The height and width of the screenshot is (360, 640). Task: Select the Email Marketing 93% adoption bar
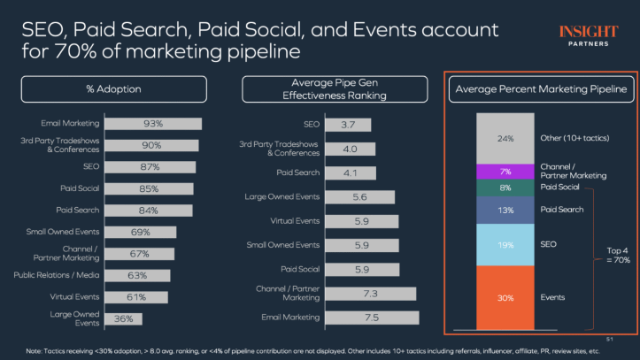(x=152, y=123)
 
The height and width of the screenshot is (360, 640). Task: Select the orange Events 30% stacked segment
(x=505, y=297)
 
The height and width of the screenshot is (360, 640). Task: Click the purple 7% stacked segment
(x=505, y=171)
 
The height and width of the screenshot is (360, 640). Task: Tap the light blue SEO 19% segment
(x=505, y=244)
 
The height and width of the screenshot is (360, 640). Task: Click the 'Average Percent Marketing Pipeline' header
(x=539, y=89)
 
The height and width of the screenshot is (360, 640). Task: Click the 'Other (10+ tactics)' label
(x=575, y=138)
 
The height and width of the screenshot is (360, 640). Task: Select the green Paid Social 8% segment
(x=505, y=188)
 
